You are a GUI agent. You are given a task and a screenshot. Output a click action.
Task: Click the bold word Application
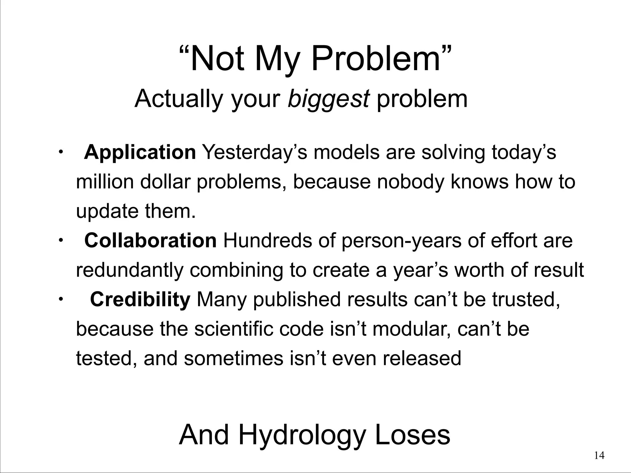click(140, 152)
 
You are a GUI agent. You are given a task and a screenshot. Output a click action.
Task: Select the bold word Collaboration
click(150, 241)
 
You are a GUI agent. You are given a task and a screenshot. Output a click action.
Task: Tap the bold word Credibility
click(140, 299)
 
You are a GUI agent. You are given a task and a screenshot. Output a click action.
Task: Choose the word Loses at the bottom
click(413, 435)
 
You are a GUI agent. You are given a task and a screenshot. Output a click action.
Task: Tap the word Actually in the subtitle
click(178, 99)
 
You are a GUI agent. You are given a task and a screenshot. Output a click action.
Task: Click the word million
click(105, 182)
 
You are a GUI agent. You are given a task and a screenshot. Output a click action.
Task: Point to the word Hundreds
click(267, 241)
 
